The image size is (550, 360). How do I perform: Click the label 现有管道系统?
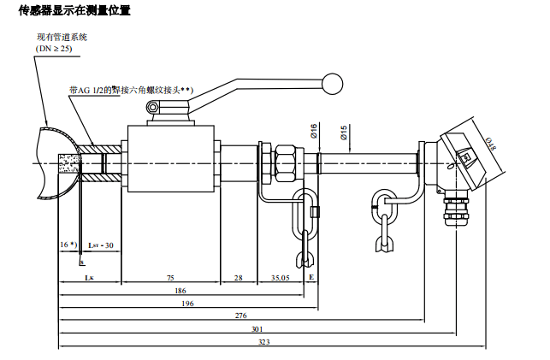61,38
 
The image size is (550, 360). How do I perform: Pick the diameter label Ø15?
343,133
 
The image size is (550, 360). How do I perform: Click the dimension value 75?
171,279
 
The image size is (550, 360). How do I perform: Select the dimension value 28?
239,279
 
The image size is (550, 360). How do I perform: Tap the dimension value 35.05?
280,279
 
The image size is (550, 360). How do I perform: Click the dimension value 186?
180,292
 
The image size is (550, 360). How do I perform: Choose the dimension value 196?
187,304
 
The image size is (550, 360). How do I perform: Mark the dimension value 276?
242,316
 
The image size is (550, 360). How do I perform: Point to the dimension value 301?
256,329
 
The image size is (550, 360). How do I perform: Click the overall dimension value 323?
263,341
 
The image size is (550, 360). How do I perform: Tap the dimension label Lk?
89,279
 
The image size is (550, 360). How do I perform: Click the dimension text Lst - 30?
101,245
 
